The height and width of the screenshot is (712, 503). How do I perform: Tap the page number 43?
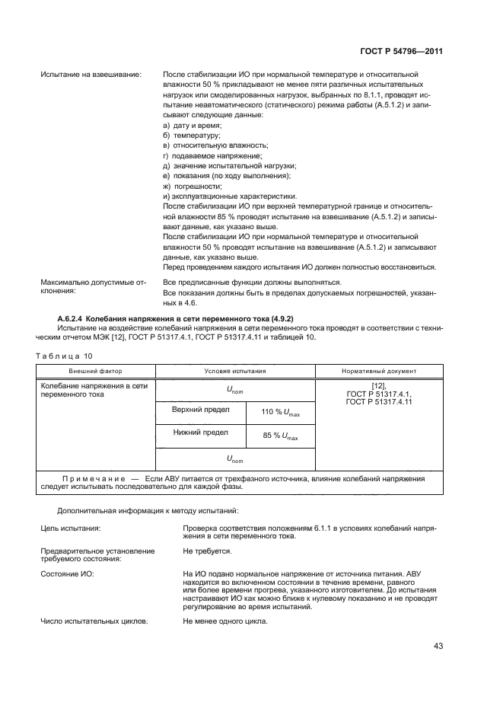pyautogui.click(x=438, y=646)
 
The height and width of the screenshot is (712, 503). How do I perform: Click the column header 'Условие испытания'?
pyautogui.click(x=235, y=371)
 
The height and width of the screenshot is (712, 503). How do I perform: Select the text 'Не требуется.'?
pyautogui.click(x=207, y=550)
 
